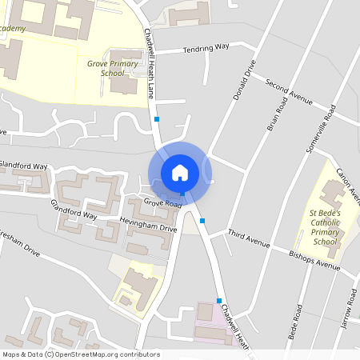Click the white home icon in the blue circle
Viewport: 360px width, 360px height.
[179, 172]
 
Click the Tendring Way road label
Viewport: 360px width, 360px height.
[206, 49]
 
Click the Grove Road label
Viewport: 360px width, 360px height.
[163, 203]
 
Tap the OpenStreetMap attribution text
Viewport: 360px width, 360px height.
[80, 354]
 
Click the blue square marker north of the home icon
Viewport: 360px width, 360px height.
[157, 119]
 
